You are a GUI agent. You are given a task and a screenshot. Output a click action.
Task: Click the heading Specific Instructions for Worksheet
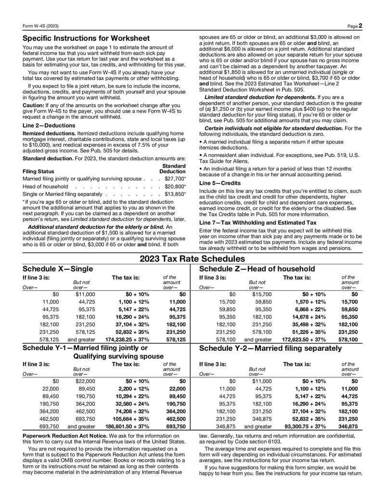tap(86, 38)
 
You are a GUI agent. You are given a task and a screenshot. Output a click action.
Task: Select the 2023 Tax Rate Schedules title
tap(192, 259)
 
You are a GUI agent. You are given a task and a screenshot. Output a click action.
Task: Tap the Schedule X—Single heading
tap(58, 268)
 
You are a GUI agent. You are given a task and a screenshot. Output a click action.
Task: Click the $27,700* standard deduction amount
tap(175, 179)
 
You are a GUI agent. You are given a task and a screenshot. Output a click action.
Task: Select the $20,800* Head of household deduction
tap(175, 186)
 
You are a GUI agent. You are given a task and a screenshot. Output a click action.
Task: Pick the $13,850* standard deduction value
tap(175, 193)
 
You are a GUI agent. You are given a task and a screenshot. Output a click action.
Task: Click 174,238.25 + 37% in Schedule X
tap(130, 339)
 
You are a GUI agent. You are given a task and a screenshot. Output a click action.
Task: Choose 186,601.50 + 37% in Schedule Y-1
tap(130, 426)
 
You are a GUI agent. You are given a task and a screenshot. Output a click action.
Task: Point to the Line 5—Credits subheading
tap(220, 183)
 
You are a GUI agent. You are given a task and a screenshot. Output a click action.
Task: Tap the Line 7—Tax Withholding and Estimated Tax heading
tap(257, 222)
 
